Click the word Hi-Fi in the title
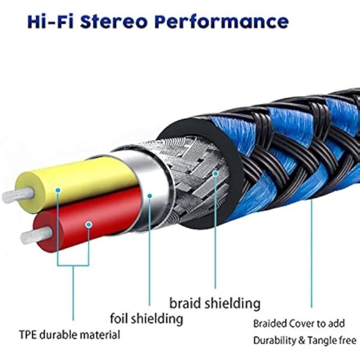tap(37, 22)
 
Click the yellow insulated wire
tap(84, 181)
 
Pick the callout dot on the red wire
tap(89, 225)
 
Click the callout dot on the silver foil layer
tap(149, 195)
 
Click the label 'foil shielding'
tap(146, 317)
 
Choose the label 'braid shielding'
tap(214, 302)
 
